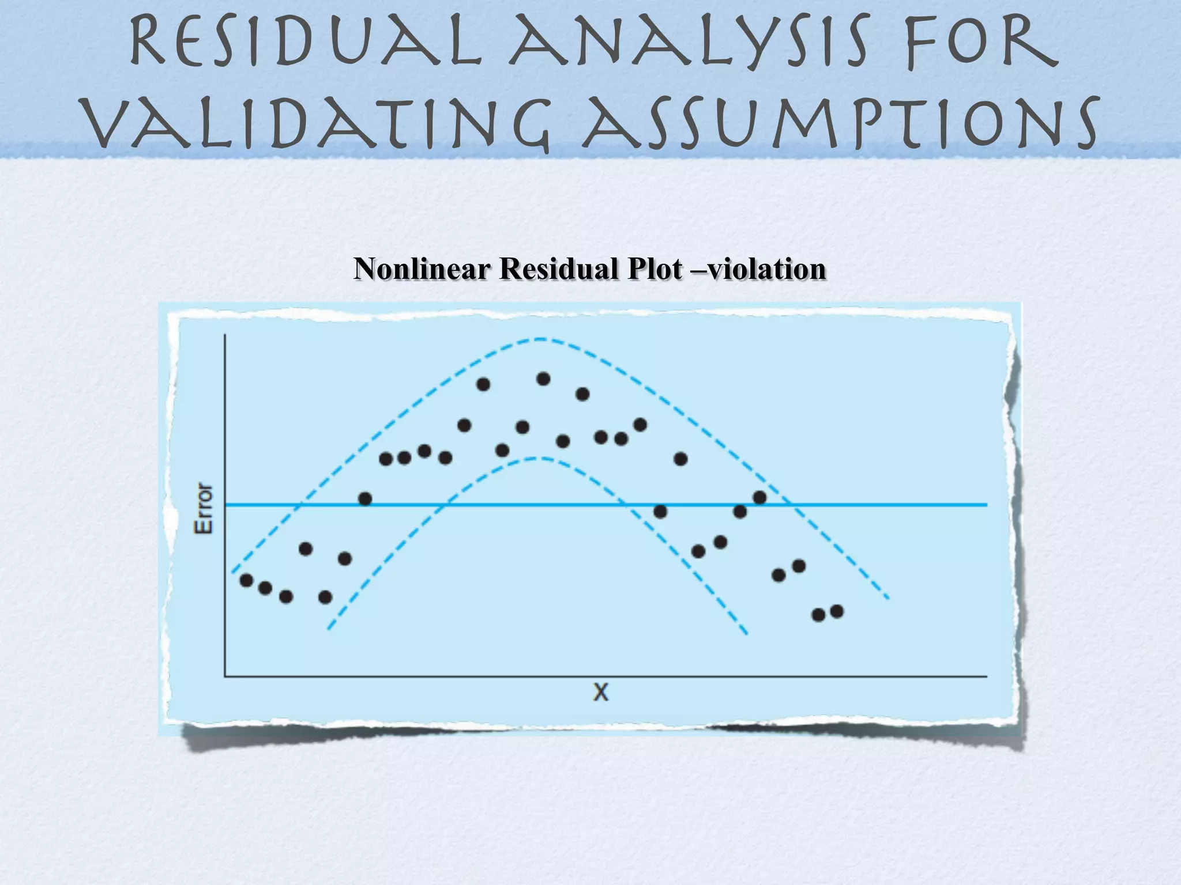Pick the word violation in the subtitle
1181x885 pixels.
point(767,269)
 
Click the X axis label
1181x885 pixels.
point(600,692)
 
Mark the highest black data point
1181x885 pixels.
point(543,379)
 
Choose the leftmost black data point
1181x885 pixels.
point(246,580)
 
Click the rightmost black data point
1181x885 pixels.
point(837,611)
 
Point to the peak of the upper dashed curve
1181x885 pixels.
point(540,339)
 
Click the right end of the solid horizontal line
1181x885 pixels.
point(986,505)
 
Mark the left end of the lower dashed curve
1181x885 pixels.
point(328,629)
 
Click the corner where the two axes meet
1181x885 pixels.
point(225,675)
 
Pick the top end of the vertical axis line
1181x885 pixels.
point(225,335)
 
